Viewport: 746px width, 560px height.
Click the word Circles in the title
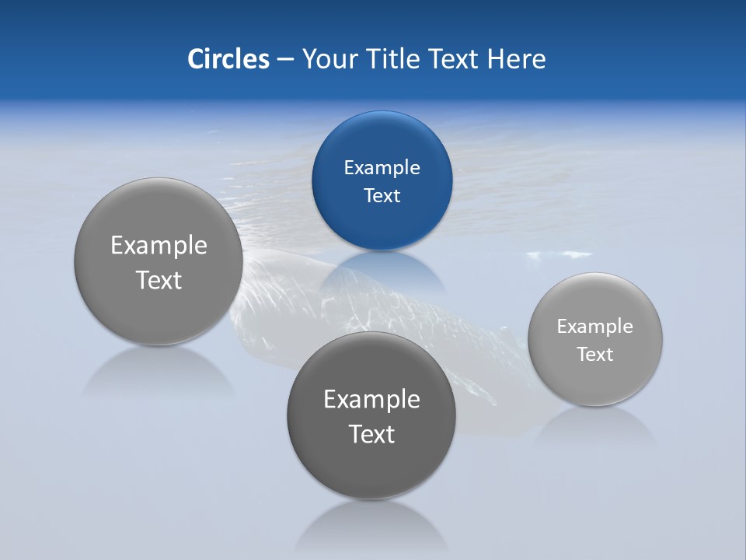click(x=228, y=59)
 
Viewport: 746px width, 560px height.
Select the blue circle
click(x=382, y=226)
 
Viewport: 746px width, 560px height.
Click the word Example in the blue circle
click(x=382, y=168)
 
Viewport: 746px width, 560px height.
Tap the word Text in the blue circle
click(x=382, y=196)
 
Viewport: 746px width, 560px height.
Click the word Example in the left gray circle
click(x=159, y=246)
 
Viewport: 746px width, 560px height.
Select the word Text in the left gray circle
click(x=159, y=280)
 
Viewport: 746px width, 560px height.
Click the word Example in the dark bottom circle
click(x=371, y=400)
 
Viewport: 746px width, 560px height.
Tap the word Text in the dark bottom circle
click(x=371, y=434)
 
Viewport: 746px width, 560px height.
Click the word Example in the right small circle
click(x=594, y=327)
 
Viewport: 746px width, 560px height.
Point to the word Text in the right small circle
click(x=594, y=355)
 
